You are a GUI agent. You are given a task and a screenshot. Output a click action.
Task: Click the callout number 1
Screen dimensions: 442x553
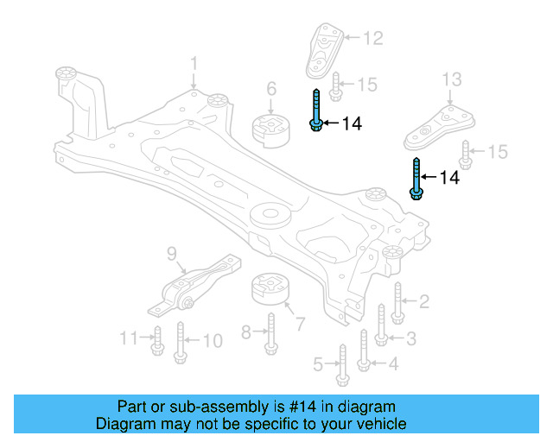194,64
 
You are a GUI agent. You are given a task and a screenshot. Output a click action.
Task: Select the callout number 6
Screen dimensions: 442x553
270,88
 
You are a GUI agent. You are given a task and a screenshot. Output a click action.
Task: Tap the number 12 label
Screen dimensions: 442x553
372,38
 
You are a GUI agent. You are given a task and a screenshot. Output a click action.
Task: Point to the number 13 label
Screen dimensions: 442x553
452,81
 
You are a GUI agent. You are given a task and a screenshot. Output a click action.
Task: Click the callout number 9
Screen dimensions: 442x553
171,253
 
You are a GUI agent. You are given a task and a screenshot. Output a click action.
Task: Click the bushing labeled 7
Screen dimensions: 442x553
270,289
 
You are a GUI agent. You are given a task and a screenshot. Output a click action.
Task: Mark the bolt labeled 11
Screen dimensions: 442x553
157,340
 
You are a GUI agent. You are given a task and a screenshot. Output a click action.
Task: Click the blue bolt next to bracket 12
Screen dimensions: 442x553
317,110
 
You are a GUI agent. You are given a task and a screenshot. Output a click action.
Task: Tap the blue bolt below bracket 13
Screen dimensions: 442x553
416,179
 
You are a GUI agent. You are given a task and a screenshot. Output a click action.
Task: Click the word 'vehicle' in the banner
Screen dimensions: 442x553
381,424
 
